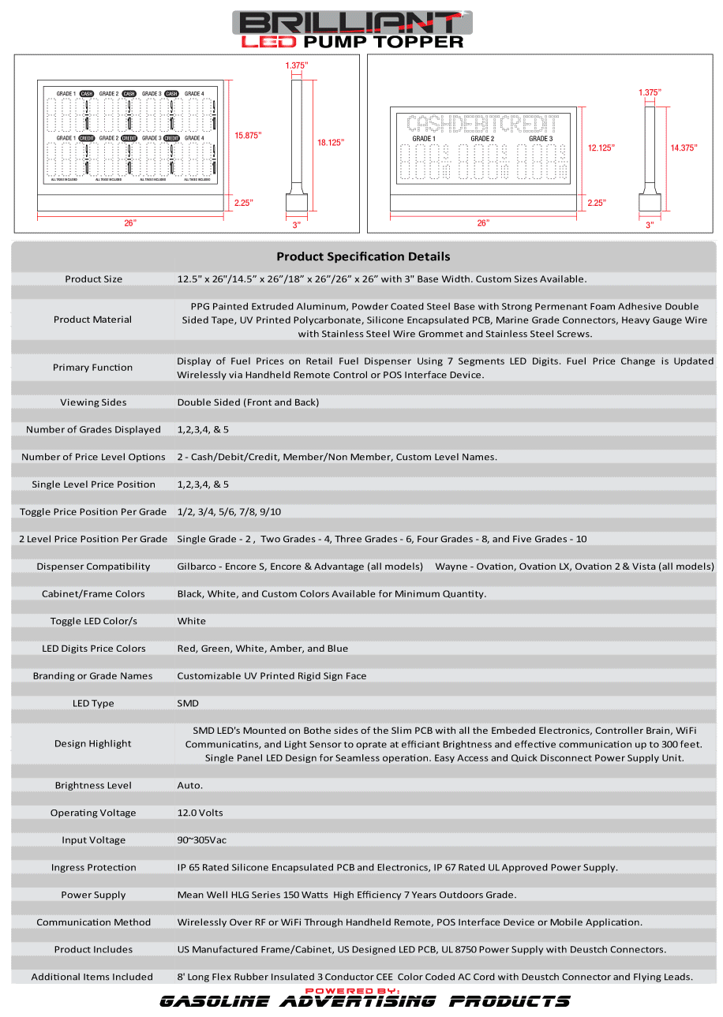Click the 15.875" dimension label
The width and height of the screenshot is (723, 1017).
coord(248,135)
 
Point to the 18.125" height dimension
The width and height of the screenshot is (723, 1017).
coord(331,142)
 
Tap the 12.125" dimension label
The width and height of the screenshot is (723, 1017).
coord(601,148)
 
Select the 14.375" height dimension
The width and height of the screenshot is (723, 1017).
coord(684,148)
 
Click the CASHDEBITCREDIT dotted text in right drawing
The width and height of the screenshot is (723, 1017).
coord(482,124)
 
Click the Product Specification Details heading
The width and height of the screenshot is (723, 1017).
coord(363,256)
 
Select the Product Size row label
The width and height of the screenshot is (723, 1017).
coord(93,279)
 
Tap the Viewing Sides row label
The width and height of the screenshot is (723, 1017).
coord(93,402)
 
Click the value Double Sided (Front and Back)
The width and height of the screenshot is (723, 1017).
coord(248,402)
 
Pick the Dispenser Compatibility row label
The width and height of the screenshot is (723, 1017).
coord(93,566)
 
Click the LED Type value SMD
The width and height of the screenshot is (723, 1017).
coord(188,703)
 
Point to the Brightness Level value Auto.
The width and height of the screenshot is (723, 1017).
coord(189,785)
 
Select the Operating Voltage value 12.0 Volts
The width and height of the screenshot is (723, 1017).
coord(200,813)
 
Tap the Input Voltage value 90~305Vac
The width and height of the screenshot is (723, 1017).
coord(201,840)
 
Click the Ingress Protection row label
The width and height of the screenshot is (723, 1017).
coord(93,867)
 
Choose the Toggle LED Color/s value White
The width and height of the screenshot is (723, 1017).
coord(191,621)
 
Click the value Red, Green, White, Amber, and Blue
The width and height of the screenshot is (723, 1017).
coord(262,649)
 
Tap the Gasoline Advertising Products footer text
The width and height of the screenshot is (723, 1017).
coord(364,1001)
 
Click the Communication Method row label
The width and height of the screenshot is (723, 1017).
coord(93,922)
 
